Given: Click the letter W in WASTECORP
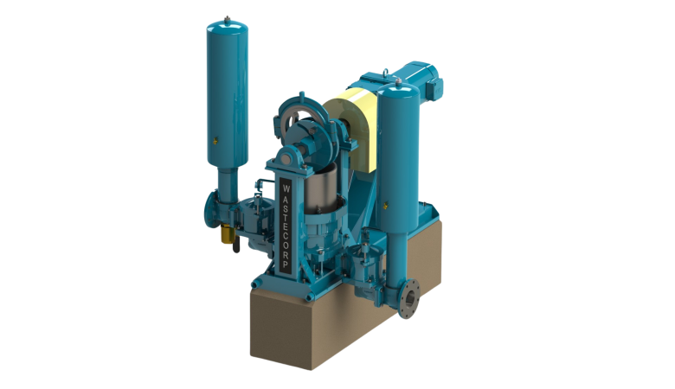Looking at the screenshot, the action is click(286, 188).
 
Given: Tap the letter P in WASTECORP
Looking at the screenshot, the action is click(286, 265).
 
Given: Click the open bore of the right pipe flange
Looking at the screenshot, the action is click(409, 298).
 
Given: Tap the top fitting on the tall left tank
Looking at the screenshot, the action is click(227, 19).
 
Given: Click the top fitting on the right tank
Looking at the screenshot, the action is click(398, 81).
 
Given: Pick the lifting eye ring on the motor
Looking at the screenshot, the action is click(386, 73).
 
